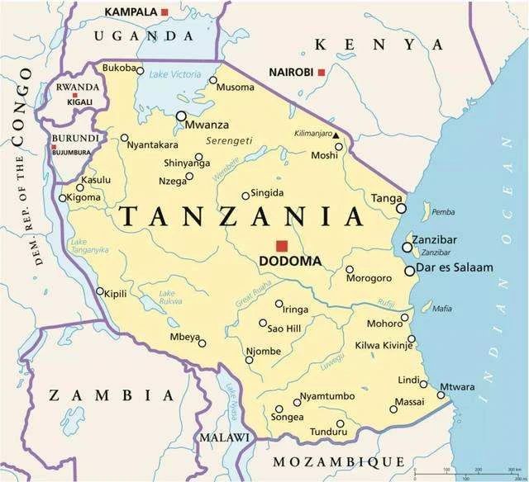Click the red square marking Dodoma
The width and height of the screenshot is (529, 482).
pos(282,245)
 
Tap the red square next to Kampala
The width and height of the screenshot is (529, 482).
pos(164,12)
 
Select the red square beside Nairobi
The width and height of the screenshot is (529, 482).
pos(321,73)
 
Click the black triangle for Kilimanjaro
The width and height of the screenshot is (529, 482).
pos(336,134)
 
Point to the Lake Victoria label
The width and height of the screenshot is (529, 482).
pos(176,74)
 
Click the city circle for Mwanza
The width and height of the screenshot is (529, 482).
pos(181,116)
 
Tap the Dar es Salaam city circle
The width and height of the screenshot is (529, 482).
pos(410,271)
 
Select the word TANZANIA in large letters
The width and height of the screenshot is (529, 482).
pos(242,216)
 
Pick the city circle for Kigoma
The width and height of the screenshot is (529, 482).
pos(62,198)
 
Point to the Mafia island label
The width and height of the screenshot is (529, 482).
pos(443,309)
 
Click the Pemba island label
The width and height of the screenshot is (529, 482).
pos(443,212)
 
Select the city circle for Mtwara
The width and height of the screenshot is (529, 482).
pos(441,395)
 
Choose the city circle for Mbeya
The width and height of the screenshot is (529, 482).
pos(202,343)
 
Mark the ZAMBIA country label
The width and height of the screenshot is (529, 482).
pos(111,395)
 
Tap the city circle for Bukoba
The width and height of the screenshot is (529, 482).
pos(139,69)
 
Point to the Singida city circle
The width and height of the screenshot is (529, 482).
pos(245,196)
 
